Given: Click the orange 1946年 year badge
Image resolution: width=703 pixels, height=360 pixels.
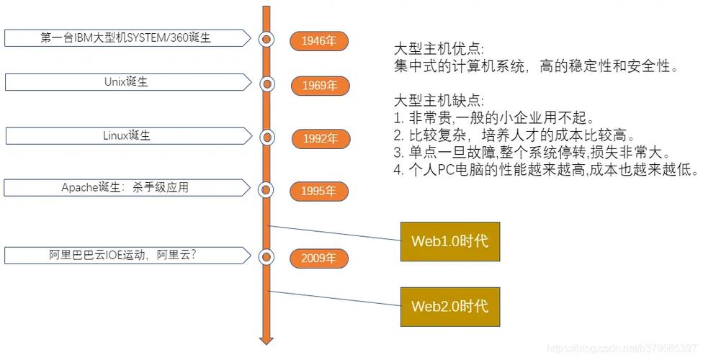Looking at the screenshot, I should [319, 40].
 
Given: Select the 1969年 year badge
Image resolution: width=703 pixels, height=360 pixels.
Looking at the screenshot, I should [320, 86].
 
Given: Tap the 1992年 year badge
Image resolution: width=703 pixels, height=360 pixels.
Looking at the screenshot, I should [320, 139].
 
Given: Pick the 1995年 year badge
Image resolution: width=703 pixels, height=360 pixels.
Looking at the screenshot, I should [319, 192].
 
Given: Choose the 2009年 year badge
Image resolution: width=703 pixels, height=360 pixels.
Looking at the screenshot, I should [319, 258].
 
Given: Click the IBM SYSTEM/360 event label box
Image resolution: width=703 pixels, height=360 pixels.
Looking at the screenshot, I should [126, 38].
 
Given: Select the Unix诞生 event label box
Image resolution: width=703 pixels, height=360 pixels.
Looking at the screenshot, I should [126, 82].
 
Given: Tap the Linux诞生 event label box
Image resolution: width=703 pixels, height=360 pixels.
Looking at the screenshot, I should [126, 135].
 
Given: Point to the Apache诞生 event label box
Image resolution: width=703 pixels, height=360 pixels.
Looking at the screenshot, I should [126, 188].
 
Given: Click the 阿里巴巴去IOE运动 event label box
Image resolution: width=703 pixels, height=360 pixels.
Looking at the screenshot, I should [126, 254].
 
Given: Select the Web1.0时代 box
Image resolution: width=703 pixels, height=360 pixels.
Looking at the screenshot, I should [449, 240].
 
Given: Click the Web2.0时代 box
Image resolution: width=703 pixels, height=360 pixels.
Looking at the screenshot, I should [449, 306].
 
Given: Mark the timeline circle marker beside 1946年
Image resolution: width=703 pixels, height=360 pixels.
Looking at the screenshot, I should [267, 39].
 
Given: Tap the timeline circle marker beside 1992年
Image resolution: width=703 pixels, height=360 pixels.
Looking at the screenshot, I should [267, 137].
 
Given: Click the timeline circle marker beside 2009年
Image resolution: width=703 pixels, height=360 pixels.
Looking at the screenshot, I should [267, 256].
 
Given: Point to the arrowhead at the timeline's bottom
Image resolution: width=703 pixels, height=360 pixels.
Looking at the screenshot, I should [267, 338].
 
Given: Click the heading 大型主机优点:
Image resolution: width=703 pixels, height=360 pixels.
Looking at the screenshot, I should [439, 49].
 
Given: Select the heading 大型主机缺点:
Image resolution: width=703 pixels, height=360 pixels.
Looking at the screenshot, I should [439, 100].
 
